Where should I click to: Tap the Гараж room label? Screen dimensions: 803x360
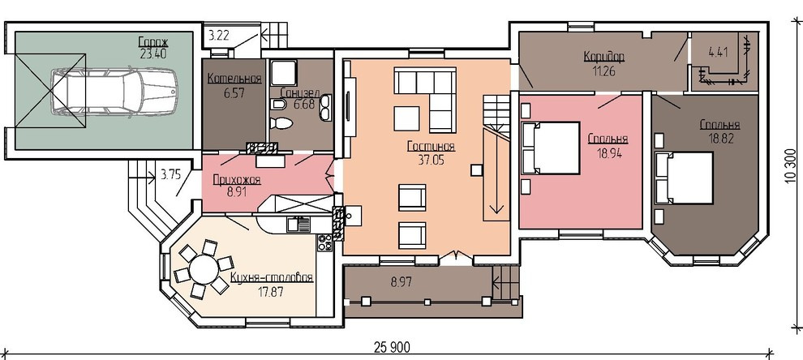pos(153,41)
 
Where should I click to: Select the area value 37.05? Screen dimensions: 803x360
pos(432,159)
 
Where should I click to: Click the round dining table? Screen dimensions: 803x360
pos(204,269)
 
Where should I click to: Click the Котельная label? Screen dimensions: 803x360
pos(234,79)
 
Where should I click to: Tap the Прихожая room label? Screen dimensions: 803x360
pos(237,180)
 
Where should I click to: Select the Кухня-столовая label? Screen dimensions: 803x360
pos(272,279)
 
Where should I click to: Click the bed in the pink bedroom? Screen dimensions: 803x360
pos(551,148)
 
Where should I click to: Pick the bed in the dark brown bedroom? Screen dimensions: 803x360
pos(685,178)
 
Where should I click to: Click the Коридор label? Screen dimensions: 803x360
pos(604,57)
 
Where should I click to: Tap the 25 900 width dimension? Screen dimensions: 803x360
pos(393,348)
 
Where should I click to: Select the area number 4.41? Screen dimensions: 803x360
pos(718,52)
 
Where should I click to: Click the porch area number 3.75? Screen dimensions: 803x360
pos(170,175)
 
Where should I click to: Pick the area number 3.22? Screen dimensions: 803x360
pos(219,36)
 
